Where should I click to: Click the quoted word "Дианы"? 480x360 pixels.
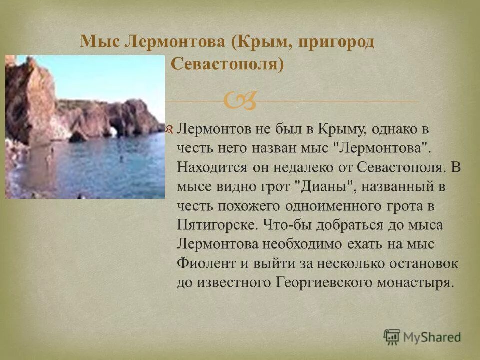pyautogui.click(x=326, y=186)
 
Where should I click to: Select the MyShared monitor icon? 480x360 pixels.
pyautogui.click(x=392, y=337)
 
